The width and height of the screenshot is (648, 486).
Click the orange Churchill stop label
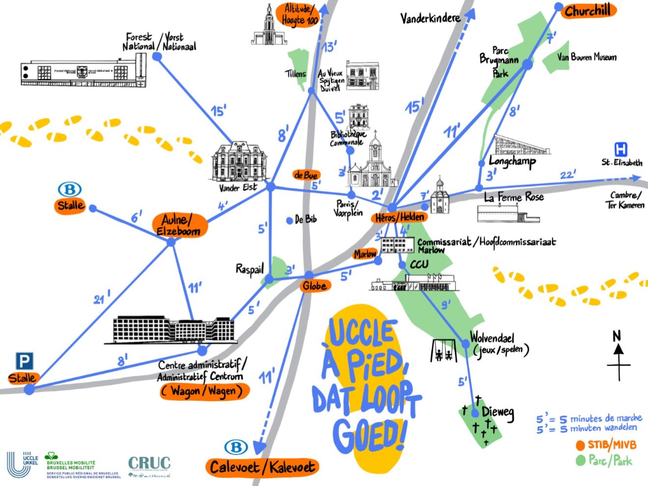pos(588,11)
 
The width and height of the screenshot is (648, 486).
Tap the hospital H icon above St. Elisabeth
pos(621,149)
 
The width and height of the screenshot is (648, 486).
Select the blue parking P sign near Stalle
pos(24,362)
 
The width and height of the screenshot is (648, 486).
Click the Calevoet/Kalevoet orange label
pos(262,467)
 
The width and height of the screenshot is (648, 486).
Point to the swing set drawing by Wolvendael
pos(443,350)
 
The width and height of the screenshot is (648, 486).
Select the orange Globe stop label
pos(314,286)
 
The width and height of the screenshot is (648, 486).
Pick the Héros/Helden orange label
pos(399,217)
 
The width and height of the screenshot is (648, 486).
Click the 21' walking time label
pos(102,297)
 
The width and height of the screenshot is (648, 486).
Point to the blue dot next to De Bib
pos(290,221)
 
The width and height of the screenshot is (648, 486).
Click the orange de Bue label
pos(306,175)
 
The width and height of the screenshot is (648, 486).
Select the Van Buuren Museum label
pos(587,58)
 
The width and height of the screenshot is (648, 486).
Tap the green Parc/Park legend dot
pos(581,460)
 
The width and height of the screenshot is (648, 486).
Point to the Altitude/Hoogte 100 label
pos(299,15)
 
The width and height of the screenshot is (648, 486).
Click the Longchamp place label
pos(512,161)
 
